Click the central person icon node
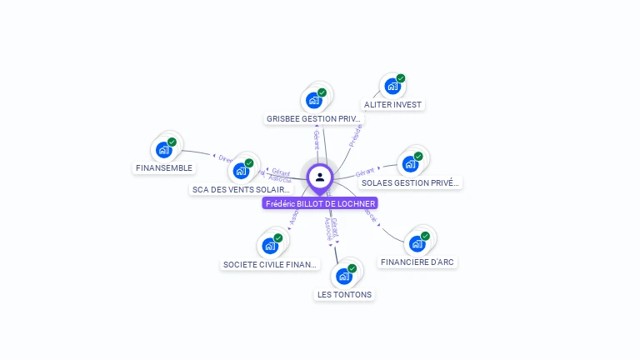click(x=320, y=177)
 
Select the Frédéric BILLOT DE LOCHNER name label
click(x=320, y=203)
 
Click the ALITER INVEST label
click(x=392, y=105)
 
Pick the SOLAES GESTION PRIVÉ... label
click(x=411, y=182)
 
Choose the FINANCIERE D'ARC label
click(x=417, y=262)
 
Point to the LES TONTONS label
click(x=345, y=294)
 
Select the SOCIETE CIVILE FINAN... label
click(x=270, y=265)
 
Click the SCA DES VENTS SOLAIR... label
click(x=242, y=190)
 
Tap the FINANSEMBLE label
click(x=163, y=167)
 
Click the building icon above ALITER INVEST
click(x=392, y=86)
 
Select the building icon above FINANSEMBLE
click(x=163, y=150)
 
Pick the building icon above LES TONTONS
click(x=343, y=276)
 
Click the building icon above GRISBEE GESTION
click(x=313, y=100)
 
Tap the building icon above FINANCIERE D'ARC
click(x=417, y=243)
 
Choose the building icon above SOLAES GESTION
click(x=409, y=163)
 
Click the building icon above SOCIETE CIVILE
click(x=269, y=245)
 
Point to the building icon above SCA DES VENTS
click(x=241, y=171)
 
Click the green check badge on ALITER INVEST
click(x=401, y=78)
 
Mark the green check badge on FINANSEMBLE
click(x=172, y=142)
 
